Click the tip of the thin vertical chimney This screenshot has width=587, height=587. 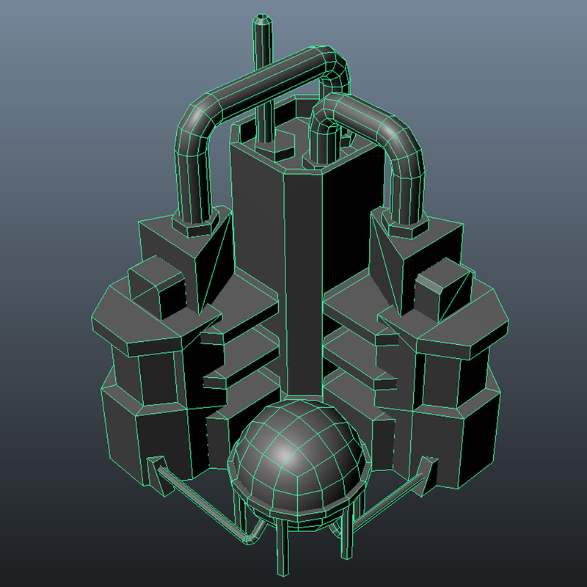point(263,21)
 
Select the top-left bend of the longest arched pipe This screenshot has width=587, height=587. point(197,117)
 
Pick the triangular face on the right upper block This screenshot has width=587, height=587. point(387,257)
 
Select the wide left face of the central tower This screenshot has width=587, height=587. point(257,257)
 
